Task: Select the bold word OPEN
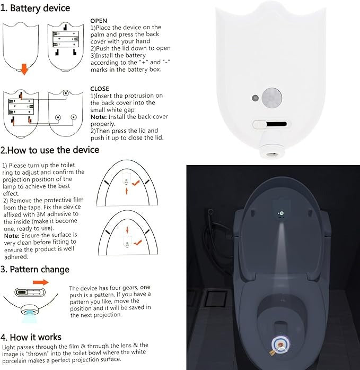pos(99,21)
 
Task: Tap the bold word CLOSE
pos(100,89)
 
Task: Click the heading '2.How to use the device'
pos(50,150)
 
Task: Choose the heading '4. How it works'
pos(31,337)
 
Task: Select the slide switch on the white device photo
pos(270,124)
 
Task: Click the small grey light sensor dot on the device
pos(256,99)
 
